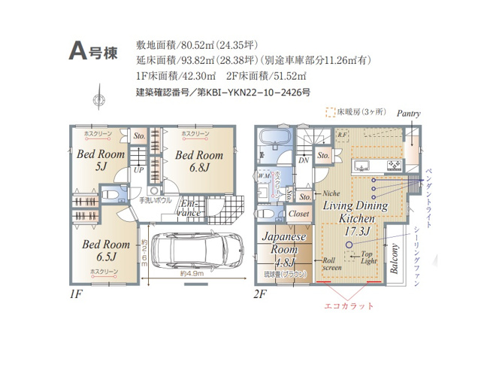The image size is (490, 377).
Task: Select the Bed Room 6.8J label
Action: click(x=195, y=161)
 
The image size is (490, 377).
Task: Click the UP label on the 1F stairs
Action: click(x=138, y=170)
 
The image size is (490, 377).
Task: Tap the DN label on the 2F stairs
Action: click(x=304, y=160)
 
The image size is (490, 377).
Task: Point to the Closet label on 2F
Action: click(x=299, y=214)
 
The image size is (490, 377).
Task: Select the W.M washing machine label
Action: click(x=264, y=176)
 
